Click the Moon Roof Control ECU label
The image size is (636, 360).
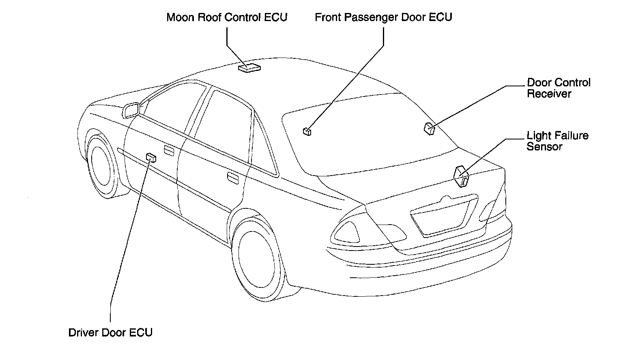click(227, 17)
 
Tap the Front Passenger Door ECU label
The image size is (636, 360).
click(383, 17)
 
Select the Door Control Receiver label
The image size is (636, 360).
click(558, 88)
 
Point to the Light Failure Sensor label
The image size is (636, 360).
click(557, 141)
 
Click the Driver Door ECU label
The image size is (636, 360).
click(110, 333)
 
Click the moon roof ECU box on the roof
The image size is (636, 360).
click(249, 68)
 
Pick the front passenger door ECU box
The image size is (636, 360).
click(307, 131)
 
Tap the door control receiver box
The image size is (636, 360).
click(430, 128)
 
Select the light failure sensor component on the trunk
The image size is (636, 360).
click(461, 176)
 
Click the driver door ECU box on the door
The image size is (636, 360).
click(151, 157)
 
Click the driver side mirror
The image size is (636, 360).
click(131, 110)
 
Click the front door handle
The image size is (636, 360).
click(168, 150)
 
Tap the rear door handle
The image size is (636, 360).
click(232, 177)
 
